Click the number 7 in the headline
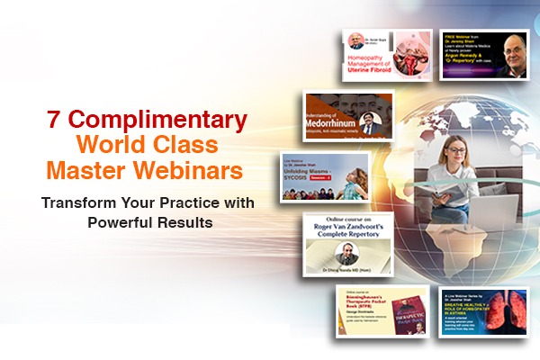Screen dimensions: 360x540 point(52,119)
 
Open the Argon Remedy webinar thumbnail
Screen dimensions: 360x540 point(483,56)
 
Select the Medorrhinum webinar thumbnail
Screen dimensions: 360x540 point(349,117)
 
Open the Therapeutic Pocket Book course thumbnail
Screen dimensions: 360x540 point(382,311)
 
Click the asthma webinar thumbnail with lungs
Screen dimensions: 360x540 point(482,311)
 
